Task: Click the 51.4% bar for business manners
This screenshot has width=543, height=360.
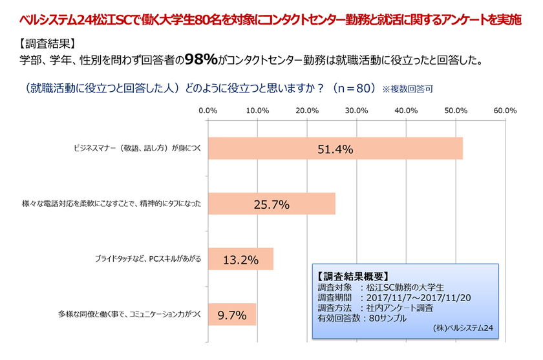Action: (335, 149)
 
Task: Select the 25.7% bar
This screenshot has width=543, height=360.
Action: (271, 204)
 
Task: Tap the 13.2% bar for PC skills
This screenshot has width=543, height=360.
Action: (240, 260)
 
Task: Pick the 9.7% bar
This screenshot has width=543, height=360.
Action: (232, 315)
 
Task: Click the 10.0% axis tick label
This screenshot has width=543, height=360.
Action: (257, 111)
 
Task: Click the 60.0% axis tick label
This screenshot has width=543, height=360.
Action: (504, 111)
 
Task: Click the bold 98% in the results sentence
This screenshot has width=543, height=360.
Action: (201, 61)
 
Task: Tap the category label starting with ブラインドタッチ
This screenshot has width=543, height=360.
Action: (148, 260)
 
